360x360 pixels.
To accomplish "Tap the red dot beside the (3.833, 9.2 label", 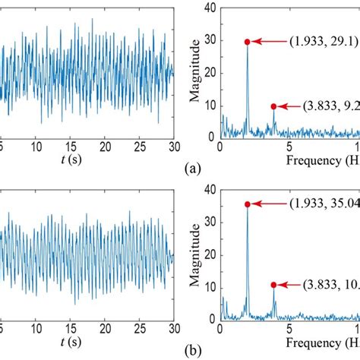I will click(x=273, y=106).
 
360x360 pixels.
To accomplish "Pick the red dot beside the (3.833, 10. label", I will click(x=273, y=285).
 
